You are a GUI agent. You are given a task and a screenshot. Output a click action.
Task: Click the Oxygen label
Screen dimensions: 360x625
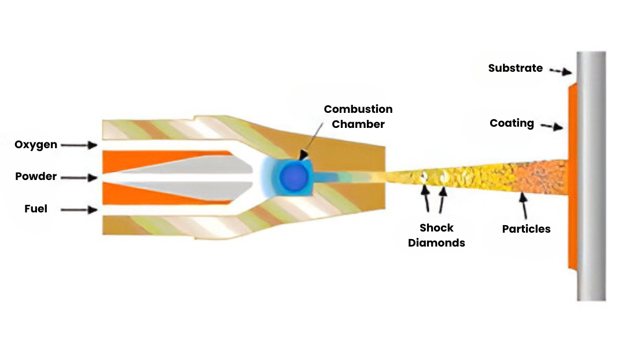36,145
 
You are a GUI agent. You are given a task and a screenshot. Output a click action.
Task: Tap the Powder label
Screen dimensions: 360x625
36,177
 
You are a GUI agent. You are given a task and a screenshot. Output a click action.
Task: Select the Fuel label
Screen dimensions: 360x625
36,209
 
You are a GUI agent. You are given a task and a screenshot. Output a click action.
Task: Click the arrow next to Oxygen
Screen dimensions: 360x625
79,145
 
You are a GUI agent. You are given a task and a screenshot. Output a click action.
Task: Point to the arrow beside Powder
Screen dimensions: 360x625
79,177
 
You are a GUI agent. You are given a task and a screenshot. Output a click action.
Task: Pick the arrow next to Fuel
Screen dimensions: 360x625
79,210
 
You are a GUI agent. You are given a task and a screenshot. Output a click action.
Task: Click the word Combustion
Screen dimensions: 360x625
358,109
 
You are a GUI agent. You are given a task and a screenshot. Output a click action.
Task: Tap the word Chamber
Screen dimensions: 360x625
358,124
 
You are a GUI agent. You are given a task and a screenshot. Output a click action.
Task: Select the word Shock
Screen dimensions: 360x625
436,227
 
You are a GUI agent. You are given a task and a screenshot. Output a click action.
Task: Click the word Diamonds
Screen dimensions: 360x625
436,243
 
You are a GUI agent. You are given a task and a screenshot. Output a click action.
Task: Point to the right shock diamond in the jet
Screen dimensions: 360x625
445,177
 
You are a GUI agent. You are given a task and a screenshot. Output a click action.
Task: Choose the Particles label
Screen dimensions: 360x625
526,229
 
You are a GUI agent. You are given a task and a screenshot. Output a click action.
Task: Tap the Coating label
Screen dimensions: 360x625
512,123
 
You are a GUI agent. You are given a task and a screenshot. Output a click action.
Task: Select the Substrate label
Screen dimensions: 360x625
515,68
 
